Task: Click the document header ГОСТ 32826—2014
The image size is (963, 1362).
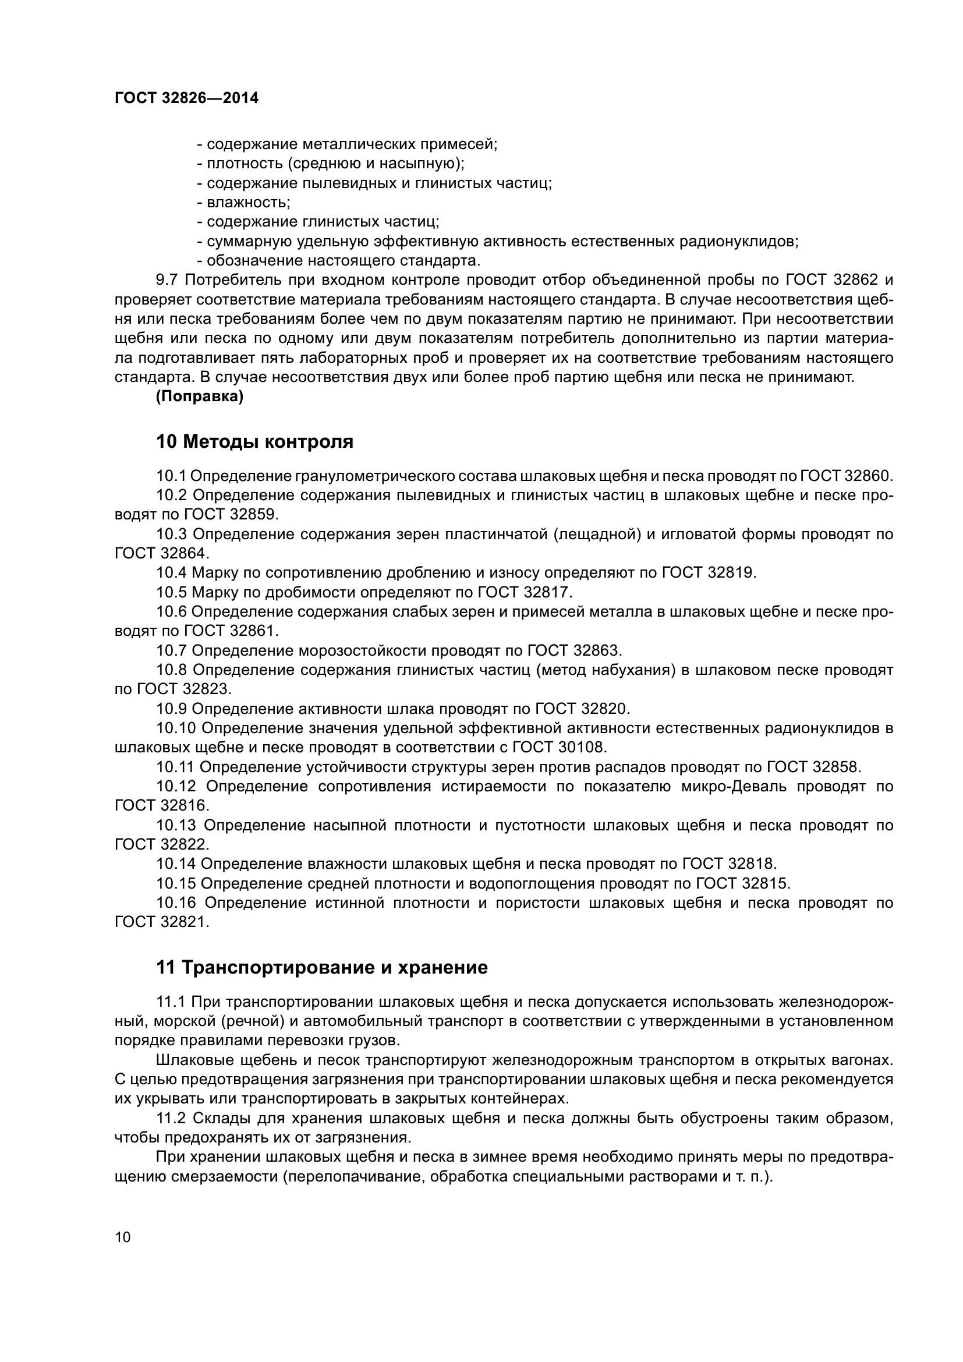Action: click(186, 98)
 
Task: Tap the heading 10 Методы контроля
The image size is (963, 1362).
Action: click(254, 441)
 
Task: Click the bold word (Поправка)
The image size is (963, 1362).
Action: click(199, 397)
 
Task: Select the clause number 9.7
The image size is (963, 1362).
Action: click(167, 280)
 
